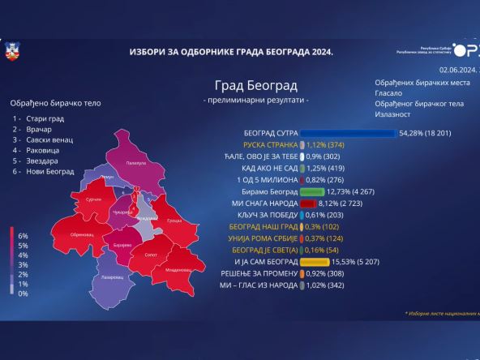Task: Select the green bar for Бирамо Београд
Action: pyautogui.click(x=312, y=192)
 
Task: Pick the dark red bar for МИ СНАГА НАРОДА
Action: pyautogui.click(x=307, y=204)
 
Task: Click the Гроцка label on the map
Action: pyautogui.click(x=173, y=221)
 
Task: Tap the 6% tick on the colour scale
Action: pyautogui.click(x=23, y=235)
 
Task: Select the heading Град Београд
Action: pyautogui.click(x=255, y=85)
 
